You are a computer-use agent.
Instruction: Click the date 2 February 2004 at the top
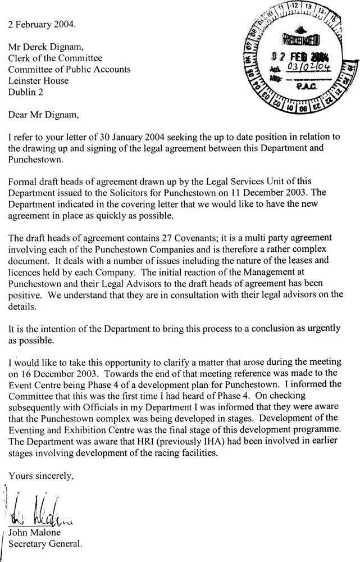point(40,25)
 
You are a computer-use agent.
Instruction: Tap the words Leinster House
point(38,81)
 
